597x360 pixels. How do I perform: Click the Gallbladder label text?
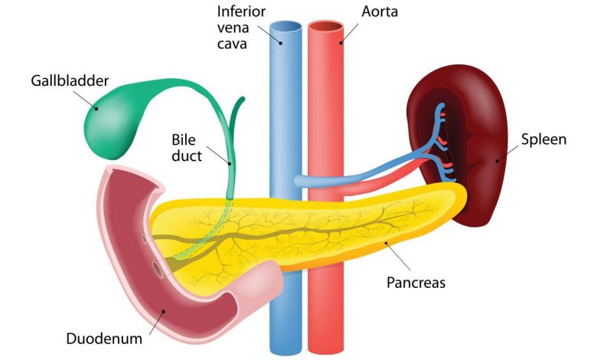70,81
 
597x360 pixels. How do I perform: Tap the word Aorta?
380,11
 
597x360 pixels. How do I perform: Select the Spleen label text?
543,139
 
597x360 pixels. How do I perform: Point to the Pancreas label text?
416,283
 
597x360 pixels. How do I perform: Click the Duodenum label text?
104,339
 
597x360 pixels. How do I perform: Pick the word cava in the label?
232,44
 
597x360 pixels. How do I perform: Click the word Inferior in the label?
241,11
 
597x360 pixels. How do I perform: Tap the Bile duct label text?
187,148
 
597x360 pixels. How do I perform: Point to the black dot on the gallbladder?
96,109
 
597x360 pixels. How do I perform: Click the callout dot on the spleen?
497,161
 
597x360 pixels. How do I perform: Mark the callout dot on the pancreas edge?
386,242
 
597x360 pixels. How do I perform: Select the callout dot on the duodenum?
164,311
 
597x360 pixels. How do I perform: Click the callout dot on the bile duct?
230,164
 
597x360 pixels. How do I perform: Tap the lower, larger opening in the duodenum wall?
158,270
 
